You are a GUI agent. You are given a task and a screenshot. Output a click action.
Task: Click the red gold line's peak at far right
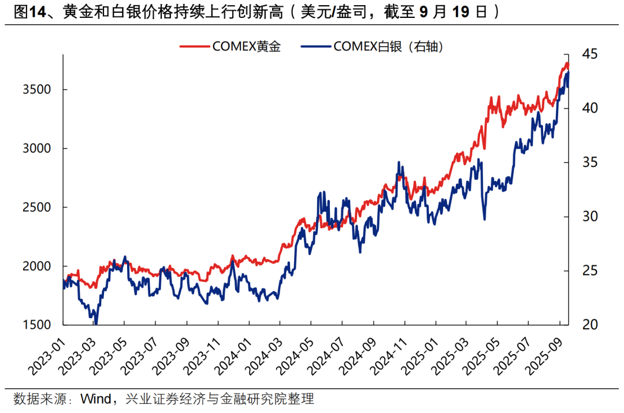click(x=567, y=63)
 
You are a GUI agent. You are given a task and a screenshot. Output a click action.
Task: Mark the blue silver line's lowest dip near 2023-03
click(x=96, y=324)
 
